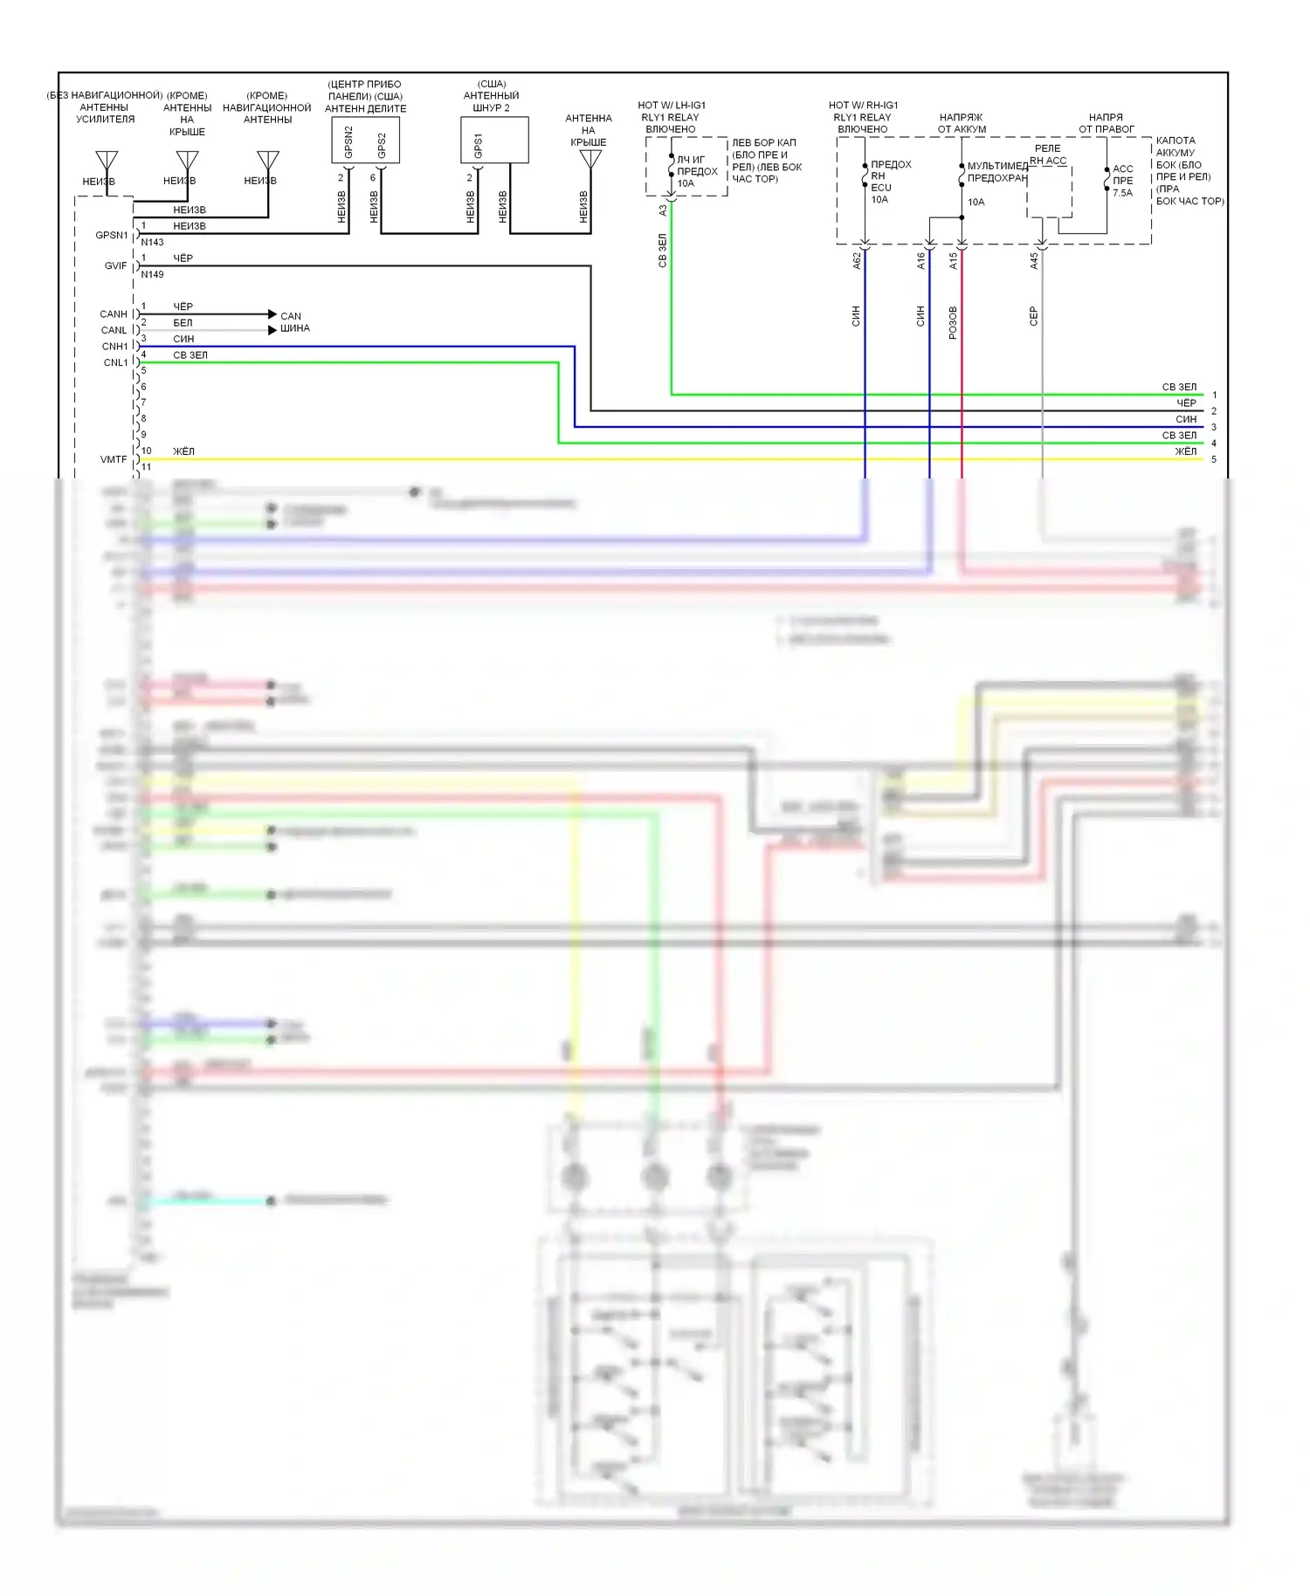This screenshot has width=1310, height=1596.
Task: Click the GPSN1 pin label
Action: pyautogui.click(x=111, y=235)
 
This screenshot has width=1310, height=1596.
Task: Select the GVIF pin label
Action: pyautogui.click(x=115, y=265)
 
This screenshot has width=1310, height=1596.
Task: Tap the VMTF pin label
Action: pyautogui.click(x=114, y=459)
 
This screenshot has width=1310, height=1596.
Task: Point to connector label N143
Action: pyautogui.click(x=152, y=243)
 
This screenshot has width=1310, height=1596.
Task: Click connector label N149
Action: pyautogui.click(x=152, y=274)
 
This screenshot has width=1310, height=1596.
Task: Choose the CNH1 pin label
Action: pyautogui.click(x=114, y=347)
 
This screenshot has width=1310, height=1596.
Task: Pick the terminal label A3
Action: pyautogui.click(x=663, y=210)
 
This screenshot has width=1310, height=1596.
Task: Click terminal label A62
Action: pyautogui.click(x=857, y=260)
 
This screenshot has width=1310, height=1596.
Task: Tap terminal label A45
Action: pyautogui.click(x=1034, y=260)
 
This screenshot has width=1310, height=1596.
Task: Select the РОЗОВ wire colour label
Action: pyautogui.click(x=953, y=322)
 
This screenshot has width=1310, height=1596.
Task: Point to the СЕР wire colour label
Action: pyautogui.click(x=1034, y=316)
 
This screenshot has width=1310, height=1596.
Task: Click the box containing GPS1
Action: pyautogui.click(x=494, y=141)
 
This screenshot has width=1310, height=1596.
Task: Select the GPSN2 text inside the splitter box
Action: pyautogui.click(x=348, y=141)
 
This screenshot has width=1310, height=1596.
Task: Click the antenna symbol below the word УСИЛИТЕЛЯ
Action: pyautogui.click(x=107, y=161)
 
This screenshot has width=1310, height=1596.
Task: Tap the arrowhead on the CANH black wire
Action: pyautogui.click(x=272, y=314)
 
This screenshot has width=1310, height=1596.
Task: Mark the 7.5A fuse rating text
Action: pyautogui.click(x=1122, y=193)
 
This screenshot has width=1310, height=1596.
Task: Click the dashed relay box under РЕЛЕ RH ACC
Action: pyautogui.click(x=1049, y=192)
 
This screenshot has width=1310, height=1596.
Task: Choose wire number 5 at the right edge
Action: pyautogui.click(x=1213, y=459)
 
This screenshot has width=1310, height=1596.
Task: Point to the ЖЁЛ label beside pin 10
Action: pyautogui.click(x=183, y=451)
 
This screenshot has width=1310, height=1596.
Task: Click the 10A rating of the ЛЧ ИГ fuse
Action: pyautogui.click(x=686, y=183)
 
